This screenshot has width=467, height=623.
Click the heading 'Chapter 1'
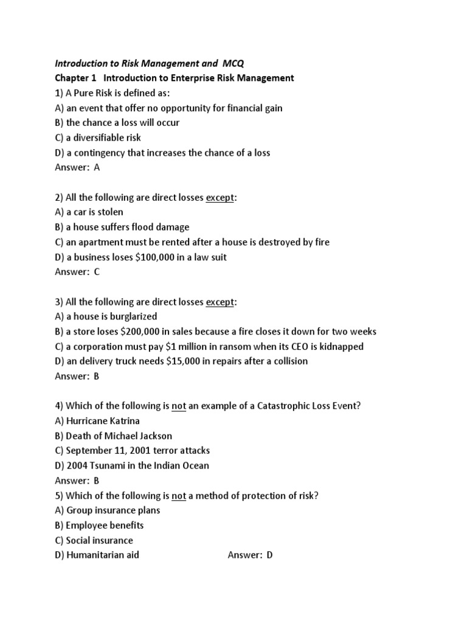(x=75, y=78)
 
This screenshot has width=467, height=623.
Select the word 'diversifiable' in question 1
(x=103, y=137)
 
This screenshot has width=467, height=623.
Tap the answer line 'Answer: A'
(x=77, y=168)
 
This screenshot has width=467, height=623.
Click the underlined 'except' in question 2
(x=220, y=198)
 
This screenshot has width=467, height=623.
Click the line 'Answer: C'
(x=77, y=272)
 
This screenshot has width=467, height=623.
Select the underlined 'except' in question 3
(x=220, y=302)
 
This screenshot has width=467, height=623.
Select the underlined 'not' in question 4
(x=179, y=406)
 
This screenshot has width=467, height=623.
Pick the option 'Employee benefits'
(x=105, y=525)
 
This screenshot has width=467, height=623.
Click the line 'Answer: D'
(x=250, y=555)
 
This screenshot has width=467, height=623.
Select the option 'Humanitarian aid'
(x=102, y=555)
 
